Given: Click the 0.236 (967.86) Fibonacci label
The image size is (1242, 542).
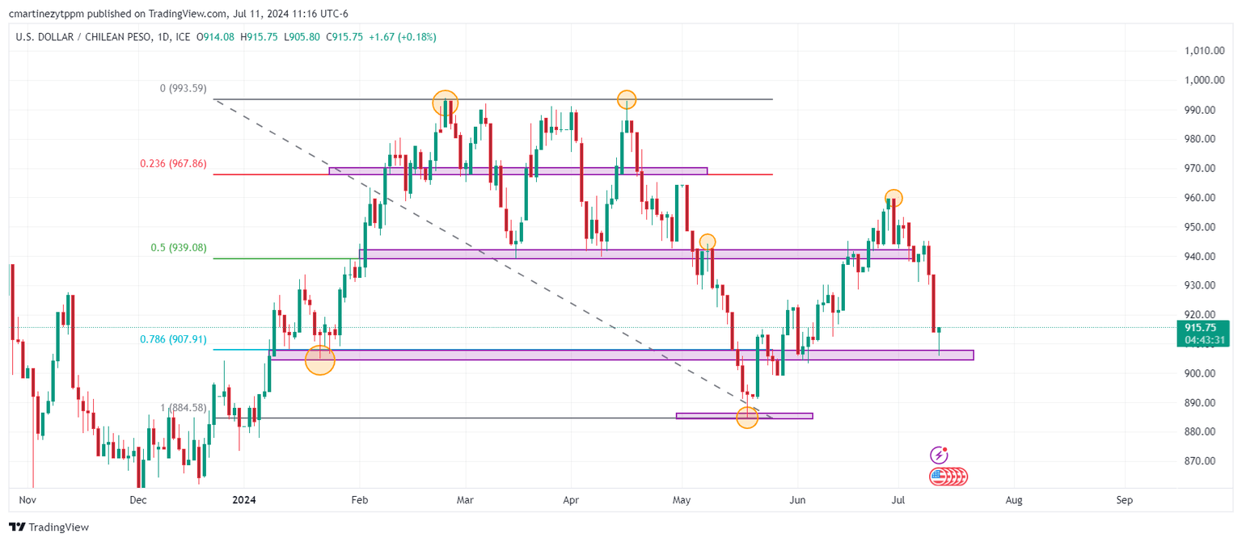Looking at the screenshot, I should pyautogui.click(x=173, y=163).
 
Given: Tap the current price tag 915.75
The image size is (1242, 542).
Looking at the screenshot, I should pyautogui.click(x=1200, y=327).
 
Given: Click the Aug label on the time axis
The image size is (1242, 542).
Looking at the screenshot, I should pyautogui.click(x=1014, y=501).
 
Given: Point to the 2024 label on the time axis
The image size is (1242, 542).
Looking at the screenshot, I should pyautogui.click(x=243, y=501).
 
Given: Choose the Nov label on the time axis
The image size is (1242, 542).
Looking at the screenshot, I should pyautogui.click(x=27, y=501).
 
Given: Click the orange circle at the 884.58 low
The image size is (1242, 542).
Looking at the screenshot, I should pyautogui.click(x=747, y=418).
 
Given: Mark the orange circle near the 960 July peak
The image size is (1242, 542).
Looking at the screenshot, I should pyautogui.click(x=893, y=197).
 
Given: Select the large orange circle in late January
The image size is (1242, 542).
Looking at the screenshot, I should pyautogui.click(x=320, y=360).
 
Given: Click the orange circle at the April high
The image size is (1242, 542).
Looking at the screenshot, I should pyautogui.click(x=627, y=100).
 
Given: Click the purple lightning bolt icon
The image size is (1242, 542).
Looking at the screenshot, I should pyautogui.click(x=939, y=454).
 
